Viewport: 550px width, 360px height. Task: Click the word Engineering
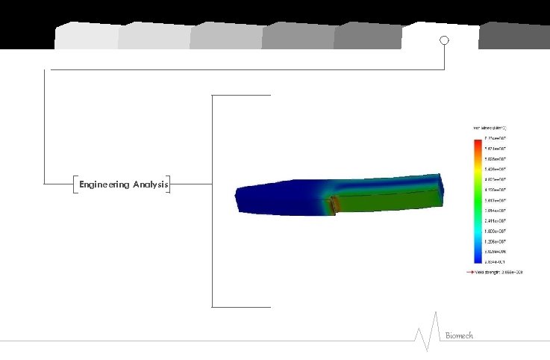[104, 184]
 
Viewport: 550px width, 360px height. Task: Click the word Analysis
[150, 184]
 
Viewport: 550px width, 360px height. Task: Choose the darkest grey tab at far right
[514, 36]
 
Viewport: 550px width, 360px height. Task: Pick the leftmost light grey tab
[85, 36]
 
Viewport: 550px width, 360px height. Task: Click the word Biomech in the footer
[460, 336]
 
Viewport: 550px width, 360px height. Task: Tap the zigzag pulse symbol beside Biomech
[426, 336]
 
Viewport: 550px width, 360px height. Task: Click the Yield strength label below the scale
[499, 273]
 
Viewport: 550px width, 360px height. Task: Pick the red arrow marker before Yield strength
[471, 273]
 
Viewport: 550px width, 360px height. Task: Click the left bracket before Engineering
[76, 184]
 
